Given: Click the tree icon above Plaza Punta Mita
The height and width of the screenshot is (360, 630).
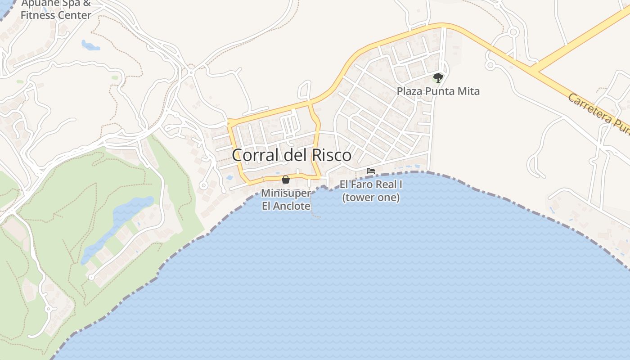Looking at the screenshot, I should [438, 78].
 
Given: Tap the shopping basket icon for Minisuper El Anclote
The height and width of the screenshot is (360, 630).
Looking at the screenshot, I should [285, 180].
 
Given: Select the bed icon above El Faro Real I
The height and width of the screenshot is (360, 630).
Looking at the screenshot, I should [371, 171].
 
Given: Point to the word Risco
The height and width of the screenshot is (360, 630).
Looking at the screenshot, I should [331, 155].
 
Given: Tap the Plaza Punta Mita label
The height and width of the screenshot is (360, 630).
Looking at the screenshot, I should [438, 91].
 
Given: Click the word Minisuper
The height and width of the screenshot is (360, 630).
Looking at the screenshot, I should [286, 193].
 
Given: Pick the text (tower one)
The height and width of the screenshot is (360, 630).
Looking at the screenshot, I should [371, 198].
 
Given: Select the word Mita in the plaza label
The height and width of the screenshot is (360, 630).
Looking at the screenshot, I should [470, 91].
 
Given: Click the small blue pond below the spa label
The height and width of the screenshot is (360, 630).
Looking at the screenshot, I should [90, 45].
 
